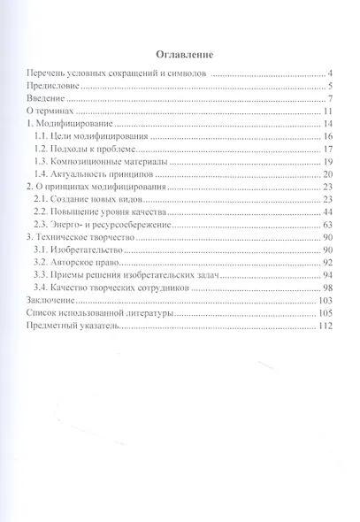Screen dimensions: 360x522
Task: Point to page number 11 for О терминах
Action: click(x=326, y=112)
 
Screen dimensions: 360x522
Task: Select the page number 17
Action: click(x=326, y=151)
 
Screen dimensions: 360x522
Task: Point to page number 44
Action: click(x=326, y=213)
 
